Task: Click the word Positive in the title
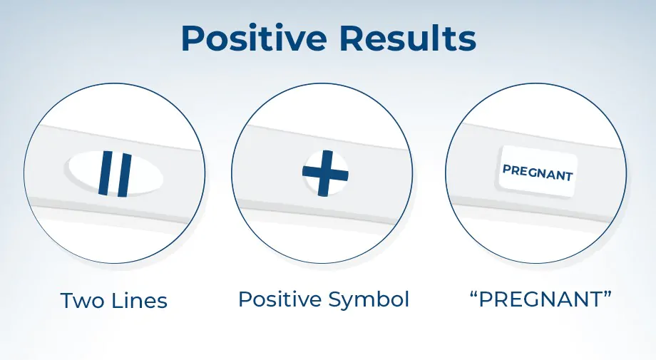click(x=254, y=38)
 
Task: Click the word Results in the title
click(x=407, y=38)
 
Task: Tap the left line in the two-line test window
click(x=106, y=173)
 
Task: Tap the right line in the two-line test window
click(x=124, y=175)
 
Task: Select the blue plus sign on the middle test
click(x=325, y=173)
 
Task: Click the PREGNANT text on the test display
click(x=537, y=173)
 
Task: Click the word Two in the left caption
click(x=80, y=301)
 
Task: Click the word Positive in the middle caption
click(x=280, y=299)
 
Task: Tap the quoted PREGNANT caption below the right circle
click(x=540, y=299)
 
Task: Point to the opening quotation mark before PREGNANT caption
click(x=473, y=294)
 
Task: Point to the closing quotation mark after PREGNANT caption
click(x=608, y=294)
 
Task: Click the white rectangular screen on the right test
click(x=538, y=171)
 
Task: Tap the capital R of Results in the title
click(x=352, y=38)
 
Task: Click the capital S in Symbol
click(x=334, y=299)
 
